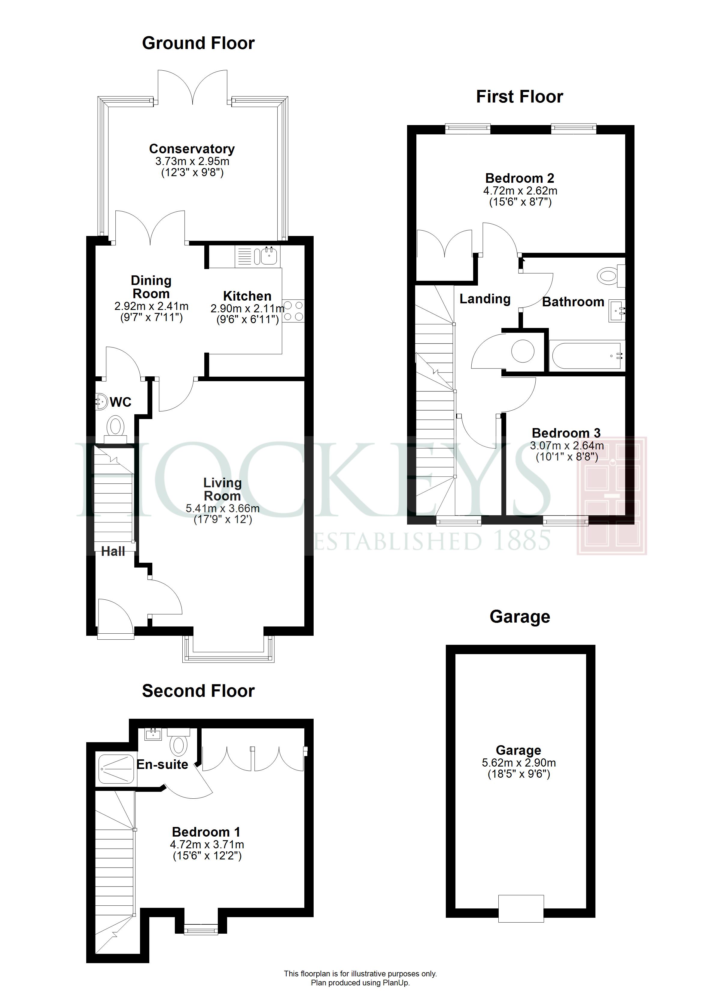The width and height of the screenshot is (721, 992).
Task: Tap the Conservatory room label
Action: pos(192,149)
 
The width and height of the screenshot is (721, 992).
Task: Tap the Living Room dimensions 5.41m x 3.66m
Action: pos(223,509)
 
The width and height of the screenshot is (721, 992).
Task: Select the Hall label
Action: pos(113,552)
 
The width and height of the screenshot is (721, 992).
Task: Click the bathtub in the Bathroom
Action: pos(587,356)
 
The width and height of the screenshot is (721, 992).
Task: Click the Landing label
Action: pos(485,299)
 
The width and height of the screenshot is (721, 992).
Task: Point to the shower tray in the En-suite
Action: pos(116,768)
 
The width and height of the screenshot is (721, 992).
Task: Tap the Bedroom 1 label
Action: pos(206,832)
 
